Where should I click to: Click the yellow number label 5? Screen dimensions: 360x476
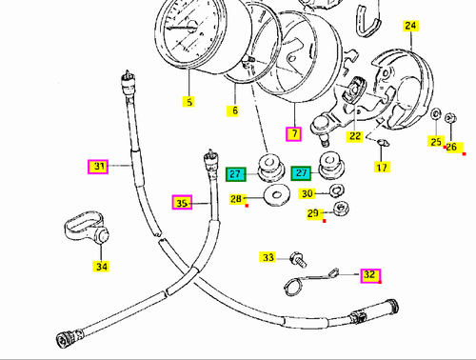click(188, 102)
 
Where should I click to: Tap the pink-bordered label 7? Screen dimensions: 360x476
click(294, 134)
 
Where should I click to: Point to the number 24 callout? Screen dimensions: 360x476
click(410, 28)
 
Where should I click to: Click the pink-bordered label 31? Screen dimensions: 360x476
click(98, 167)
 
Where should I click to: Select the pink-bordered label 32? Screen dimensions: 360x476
click(370, 275)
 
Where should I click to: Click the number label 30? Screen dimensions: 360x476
click(307, 193)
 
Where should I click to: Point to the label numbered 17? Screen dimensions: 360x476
click(381, 168)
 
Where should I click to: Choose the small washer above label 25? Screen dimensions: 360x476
click(435, 116)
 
